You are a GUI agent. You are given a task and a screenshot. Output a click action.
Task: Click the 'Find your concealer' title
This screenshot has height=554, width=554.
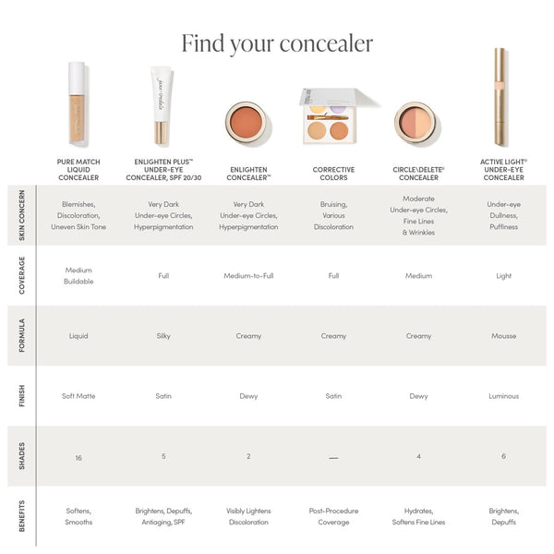click(277, 43)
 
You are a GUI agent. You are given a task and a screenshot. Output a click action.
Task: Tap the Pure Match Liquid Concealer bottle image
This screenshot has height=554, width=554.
click(77, 102)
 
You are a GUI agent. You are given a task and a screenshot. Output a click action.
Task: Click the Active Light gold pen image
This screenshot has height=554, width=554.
click(500, 97)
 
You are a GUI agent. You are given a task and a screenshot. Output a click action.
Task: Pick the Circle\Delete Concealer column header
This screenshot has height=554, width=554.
click(418, 174)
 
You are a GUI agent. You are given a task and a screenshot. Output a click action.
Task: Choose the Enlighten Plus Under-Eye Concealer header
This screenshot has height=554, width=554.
click(163, 170)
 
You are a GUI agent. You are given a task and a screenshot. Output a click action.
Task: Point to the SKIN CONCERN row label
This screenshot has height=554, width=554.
click(22, 215)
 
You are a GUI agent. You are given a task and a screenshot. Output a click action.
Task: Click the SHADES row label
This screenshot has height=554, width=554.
click(22, 456)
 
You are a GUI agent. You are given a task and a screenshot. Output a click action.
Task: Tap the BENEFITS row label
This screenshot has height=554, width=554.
click(22, 516)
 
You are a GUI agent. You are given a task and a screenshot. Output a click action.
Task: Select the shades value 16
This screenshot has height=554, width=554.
click(78, 458)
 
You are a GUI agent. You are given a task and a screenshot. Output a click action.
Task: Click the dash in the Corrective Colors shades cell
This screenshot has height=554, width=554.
click(333, 458)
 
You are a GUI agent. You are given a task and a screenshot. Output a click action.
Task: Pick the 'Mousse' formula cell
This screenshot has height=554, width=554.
click(503, 336)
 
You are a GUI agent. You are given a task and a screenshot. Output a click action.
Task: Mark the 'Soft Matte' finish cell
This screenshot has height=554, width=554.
click(78, 396)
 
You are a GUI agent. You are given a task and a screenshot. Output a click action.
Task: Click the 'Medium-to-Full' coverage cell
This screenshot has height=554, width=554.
click(248, 275)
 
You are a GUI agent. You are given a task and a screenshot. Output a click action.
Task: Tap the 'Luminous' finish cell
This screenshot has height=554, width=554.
click(503, 396)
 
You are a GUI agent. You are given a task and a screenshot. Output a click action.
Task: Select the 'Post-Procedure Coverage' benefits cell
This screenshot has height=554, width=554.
click(333, 516)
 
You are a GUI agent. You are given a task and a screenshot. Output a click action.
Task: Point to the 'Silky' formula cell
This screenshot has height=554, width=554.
click(163, 336)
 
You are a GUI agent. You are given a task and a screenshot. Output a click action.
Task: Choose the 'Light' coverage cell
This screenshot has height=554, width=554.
click(503, 275)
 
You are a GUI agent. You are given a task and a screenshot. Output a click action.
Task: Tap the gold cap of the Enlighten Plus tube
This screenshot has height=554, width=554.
click(162, 132)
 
